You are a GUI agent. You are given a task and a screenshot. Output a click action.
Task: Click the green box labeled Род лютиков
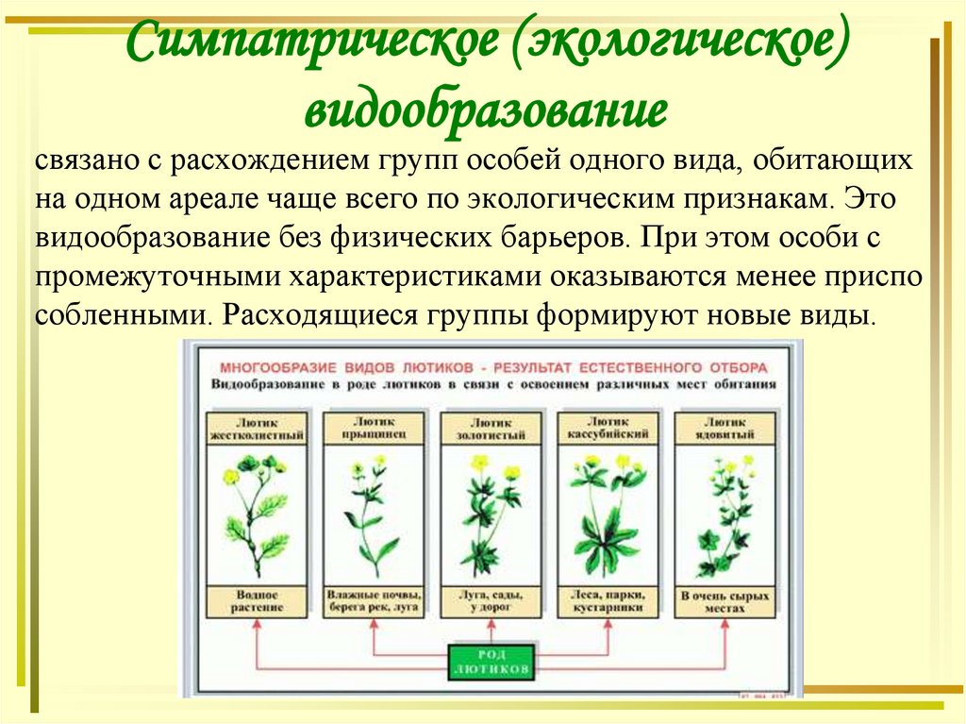point(490,661)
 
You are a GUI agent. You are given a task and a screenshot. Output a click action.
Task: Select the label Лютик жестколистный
point(258,429)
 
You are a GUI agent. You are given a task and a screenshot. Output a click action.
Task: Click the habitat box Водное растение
point(258,601)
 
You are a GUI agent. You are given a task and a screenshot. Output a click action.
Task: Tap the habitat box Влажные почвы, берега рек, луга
point(374,601)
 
